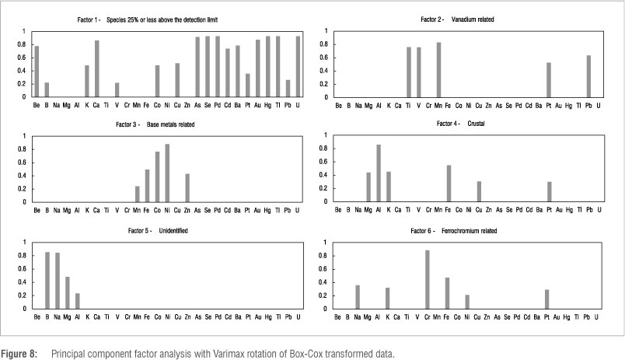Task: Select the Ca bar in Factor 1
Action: point(97,69)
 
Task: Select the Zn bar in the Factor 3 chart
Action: point(187,187)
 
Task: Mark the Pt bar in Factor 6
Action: point(547,299)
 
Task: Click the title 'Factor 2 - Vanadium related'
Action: point(468,17)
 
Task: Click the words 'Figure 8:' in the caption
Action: point(22,354)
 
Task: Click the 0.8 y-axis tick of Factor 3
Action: point(24,149)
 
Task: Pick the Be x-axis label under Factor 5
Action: point(37,317)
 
